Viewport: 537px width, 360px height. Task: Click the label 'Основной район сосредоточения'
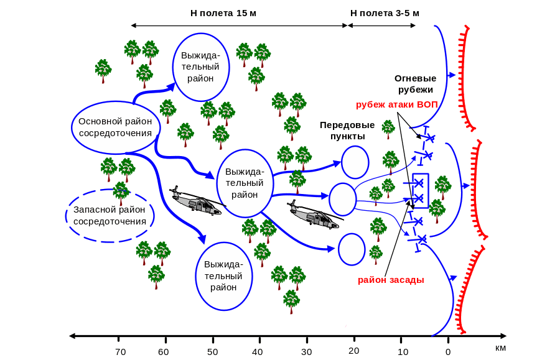116,127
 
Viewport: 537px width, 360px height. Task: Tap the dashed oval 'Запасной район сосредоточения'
110,215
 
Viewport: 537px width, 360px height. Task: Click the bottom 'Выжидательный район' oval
223,276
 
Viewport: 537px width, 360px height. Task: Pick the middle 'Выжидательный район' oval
245,183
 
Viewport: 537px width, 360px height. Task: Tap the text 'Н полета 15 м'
223,13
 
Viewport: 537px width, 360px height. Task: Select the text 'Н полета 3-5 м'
385,13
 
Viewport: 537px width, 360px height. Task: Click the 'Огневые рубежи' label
415,84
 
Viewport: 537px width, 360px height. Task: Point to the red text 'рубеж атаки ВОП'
397,104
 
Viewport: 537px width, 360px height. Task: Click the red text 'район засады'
391,280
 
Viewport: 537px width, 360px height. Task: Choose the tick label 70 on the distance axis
120,352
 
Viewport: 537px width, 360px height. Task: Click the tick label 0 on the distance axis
447,352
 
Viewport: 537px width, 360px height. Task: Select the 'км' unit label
501,348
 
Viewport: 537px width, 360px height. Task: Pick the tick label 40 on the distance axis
258,352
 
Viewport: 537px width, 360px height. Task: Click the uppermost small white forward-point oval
355,162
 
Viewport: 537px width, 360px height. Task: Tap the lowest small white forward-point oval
352,249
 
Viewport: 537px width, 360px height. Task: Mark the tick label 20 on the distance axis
354,351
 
